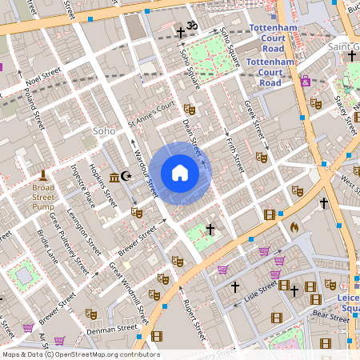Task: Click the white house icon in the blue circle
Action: pos(179,173)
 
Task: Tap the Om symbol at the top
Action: pos(192,26)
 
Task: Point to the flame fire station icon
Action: pos(294,226)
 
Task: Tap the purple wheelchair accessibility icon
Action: pos(305,81)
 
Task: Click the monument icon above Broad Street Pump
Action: pos(43,175)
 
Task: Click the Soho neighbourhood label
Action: pos(105,130)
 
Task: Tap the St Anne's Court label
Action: pos(151,114)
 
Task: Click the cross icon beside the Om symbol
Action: pos(181,33)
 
